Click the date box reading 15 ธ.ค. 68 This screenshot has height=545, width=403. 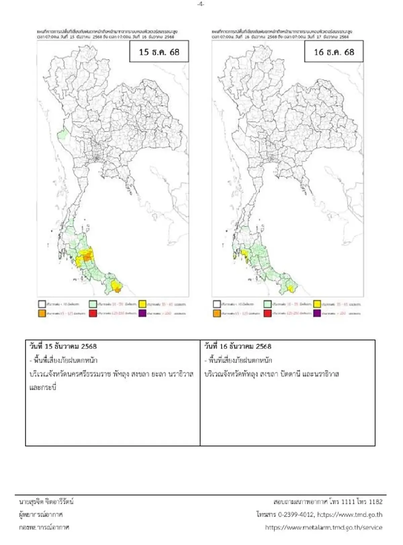pos(159,52)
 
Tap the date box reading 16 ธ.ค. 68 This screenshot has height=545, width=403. pos(334,52)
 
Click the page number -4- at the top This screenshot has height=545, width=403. pos(200,4)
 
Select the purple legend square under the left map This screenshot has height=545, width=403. pos(142,313)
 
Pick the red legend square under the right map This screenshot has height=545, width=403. pos(267,313)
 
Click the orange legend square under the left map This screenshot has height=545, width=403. pos(42,313)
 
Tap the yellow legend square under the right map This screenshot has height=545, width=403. pos(317,304)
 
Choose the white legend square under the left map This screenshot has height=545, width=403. pos(42,304)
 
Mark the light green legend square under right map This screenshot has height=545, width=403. pos(267,304)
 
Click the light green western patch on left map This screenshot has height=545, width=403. pos(62,135)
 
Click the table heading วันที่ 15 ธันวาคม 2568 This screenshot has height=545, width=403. pos(63,346)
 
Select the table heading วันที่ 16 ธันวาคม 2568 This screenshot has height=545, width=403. pos(238,346)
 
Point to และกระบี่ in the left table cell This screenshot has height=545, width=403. pos(43,387)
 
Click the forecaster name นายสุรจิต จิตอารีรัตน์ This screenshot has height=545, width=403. pos(46,502)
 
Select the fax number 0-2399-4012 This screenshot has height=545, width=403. pos(296,514)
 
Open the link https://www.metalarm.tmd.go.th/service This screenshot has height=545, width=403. pos(323,527)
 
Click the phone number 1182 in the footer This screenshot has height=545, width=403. pos(375,502)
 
